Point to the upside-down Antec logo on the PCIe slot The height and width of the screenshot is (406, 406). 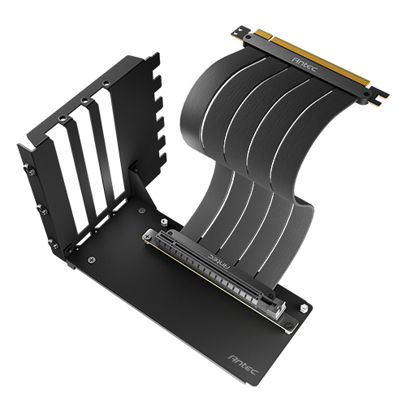[x=220, y=260]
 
